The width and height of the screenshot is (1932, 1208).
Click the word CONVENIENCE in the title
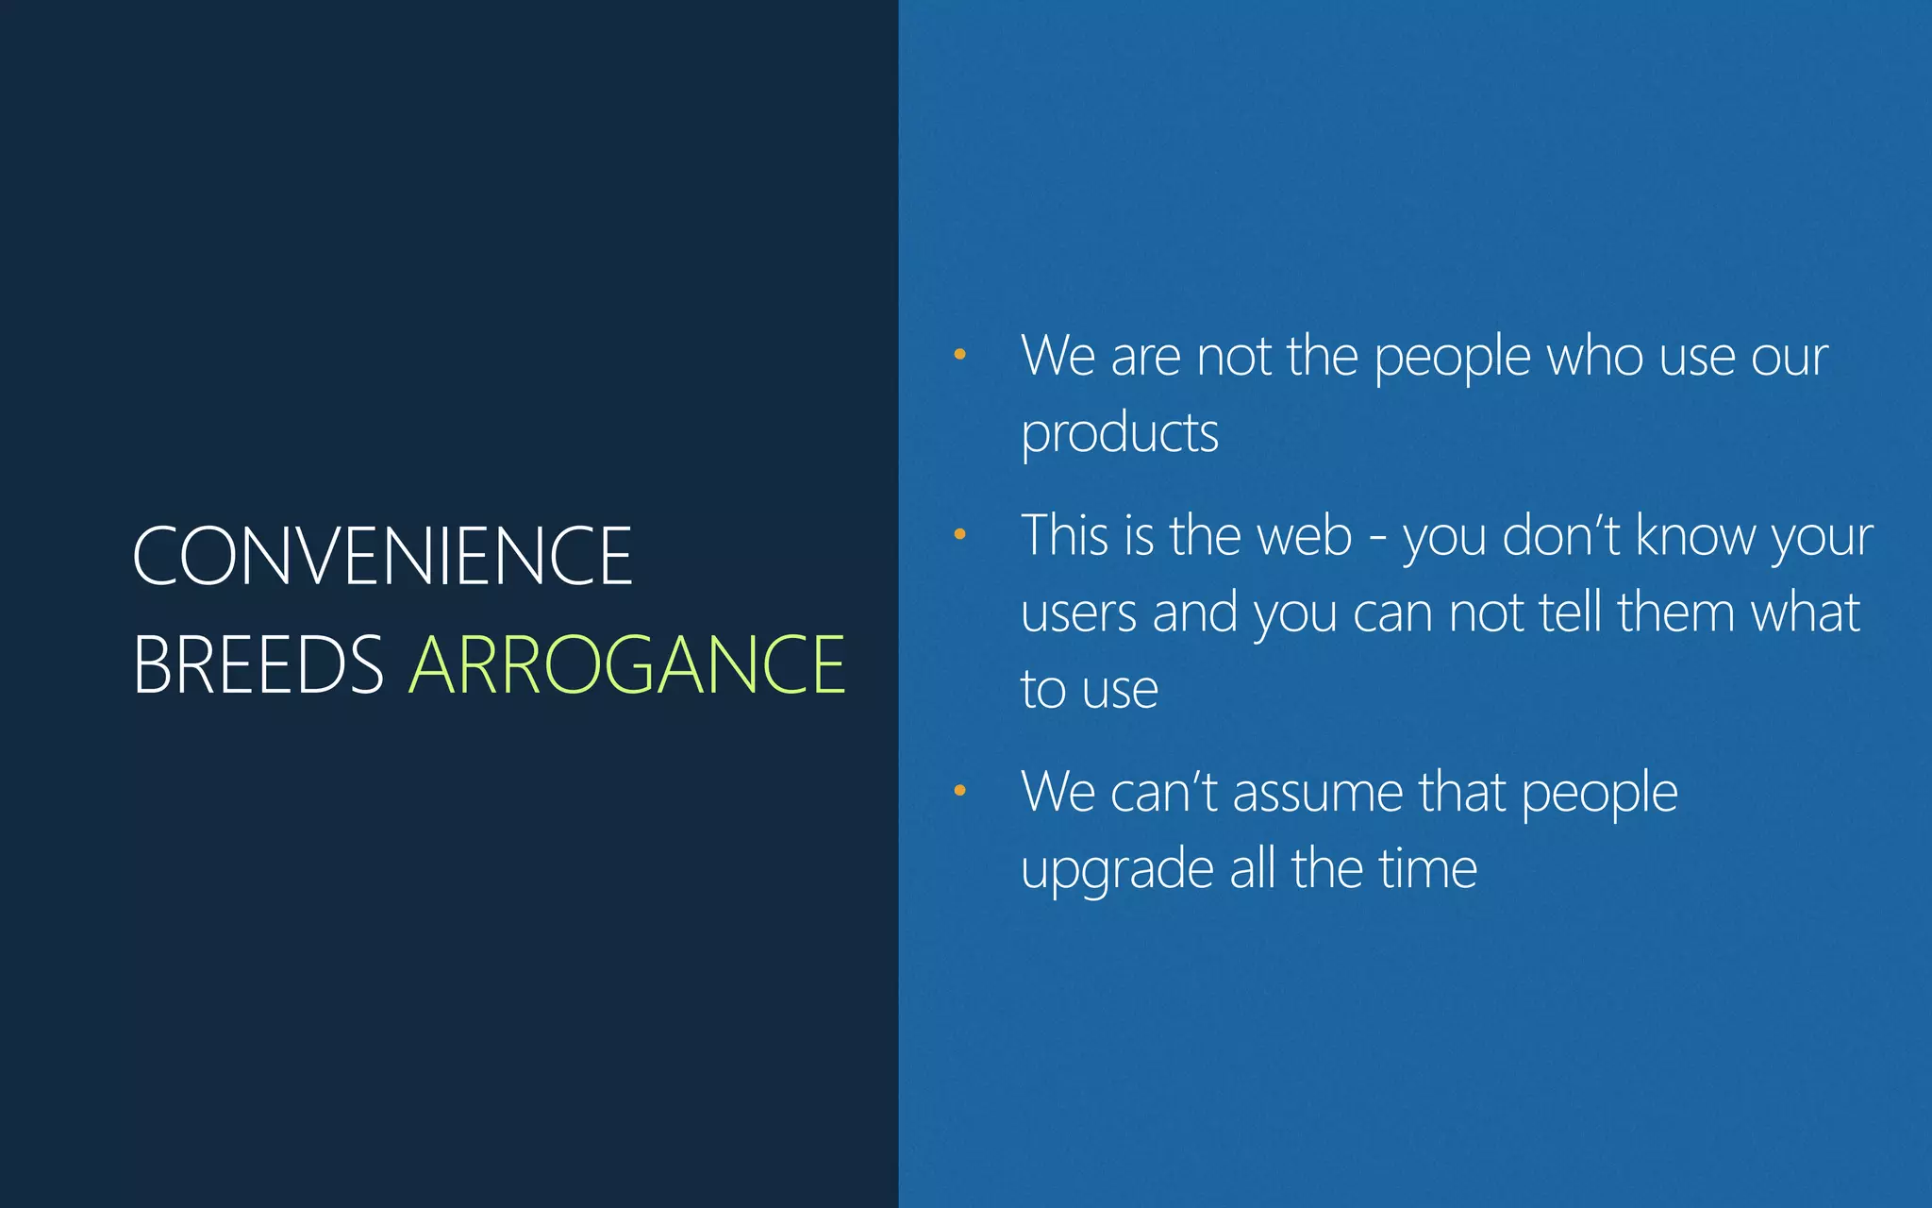point(382,557)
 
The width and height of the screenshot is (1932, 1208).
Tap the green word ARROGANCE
point(627,665)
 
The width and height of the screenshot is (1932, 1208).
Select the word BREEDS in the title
point(258,665)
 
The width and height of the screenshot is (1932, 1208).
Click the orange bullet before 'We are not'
point(959,355)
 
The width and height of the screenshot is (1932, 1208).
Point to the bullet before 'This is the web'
point(959,534)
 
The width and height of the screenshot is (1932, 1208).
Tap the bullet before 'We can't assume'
point(959,790)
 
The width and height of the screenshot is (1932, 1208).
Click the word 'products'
point(1120,434)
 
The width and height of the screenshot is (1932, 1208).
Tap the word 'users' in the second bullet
point(1078,613)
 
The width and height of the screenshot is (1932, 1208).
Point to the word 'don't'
point(1560,536)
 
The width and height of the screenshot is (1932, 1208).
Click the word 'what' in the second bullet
point(1806,612)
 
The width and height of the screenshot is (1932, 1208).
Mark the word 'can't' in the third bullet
point(1165,793)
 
